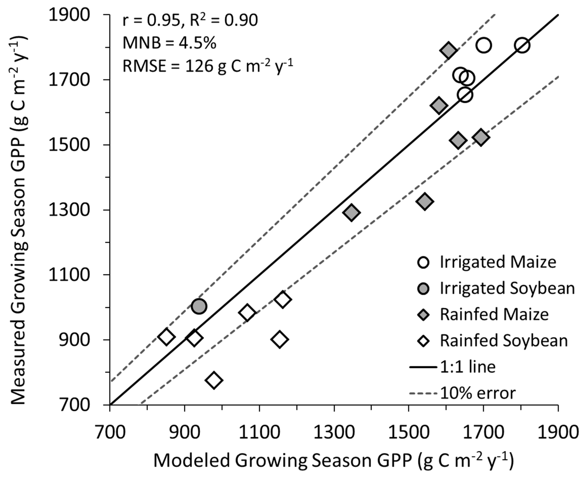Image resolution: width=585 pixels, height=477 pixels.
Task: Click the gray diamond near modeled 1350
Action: tap(351, 212)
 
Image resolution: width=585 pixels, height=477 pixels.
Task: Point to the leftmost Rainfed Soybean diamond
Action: tap(167, 337)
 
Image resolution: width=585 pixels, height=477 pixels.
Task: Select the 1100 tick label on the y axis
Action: tap(65, 275)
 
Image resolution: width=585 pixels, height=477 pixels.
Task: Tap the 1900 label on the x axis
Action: tap(558, 432)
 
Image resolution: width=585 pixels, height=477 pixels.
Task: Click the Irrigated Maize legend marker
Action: tap(423, 262)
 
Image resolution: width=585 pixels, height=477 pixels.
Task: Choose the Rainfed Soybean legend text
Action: tap(504, 341)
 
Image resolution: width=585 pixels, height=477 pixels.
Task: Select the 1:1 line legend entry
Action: tap(467, 367)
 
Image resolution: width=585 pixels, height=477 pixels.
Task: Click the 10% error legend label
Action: tap(478, 393)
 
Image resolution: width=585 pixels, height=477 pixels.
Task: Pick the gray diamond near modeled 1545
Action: tap(425, 201)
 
